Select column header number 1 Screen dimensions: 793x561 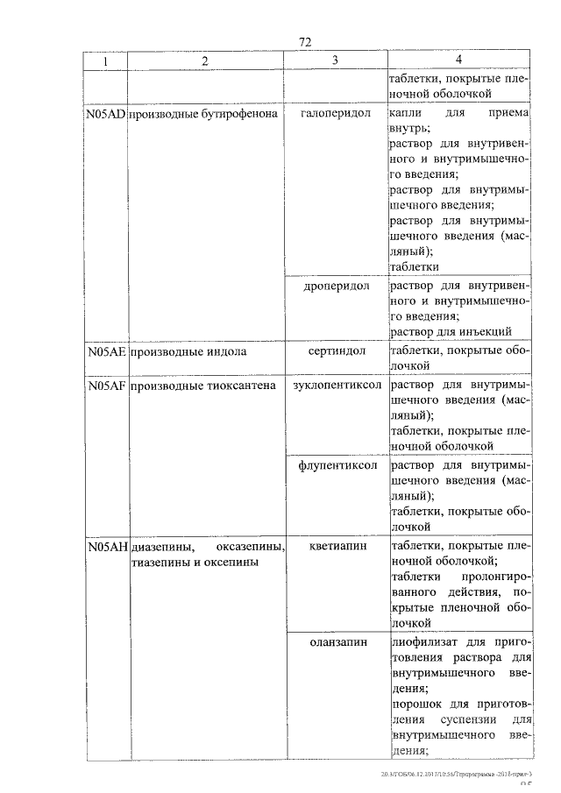coord(105,61)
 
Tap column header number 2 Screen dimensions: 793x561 coord(204,61)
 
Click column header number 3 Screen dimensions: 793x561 coord(335,60)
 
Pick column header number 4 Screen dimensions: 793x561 coord(458,60)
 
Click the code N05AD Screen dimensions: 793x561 coord(106,114)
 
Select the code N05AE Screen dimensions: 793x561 coord(106,352)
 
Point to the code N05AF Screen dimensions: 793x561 coord(106,386)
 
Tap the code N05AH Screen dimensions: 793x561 coord(106,547)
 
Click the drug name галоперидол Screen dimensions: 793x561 coord(336,114)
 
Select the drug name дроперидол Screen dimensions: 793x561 coord(336,286)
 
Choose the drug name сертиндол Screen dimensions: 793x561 coord(336,352)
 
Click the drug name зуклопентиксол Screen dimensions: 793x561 coord(336,386)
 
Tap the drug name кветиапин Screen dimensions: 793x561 coord(336,547)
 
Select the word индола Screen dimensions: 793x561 coord(227,352)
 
